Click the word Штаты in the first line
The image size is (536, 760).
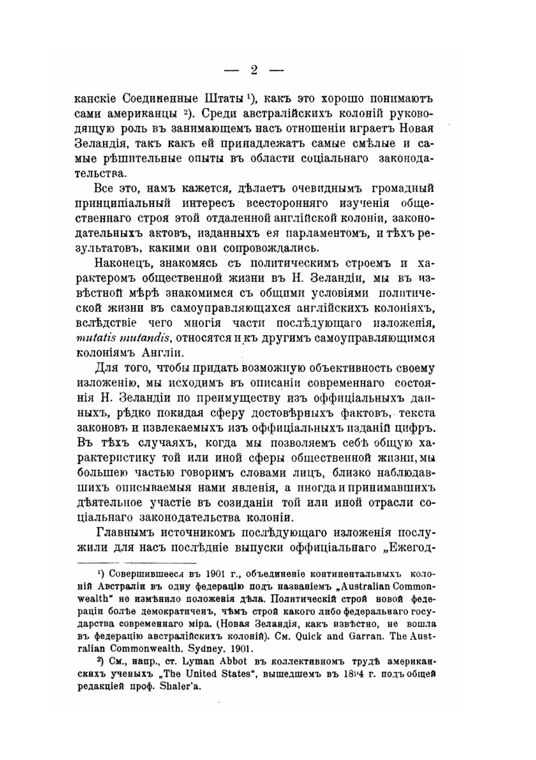(225, 100)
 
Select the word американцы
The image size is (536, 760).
(142, 114)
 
